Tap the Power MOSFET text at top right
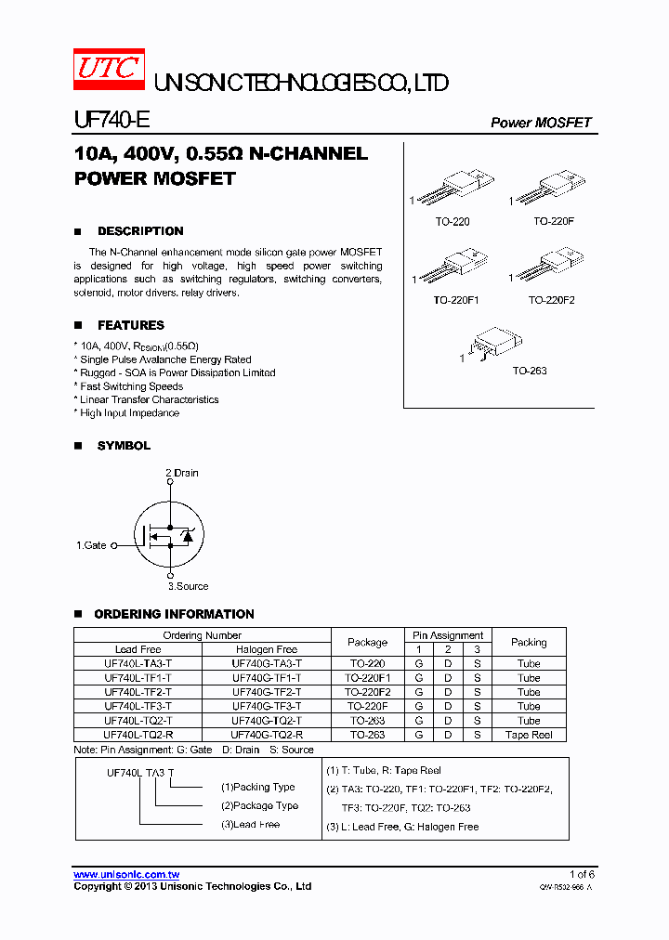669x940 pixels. tap(540, 123)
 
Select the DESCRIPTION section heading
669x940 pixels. tap(140, 231)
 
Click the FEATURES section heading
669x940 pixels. tap(131, 325)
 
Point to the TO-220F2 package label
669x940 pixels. tap(552, 301)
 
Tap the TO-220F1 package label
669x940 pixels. tap(456, 301)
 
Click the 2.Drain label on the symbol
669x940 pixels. tap(182, 473)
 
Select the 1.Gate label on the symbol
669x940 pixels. tap(91, 545)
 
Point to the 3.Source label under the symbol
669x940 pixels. tap(188, 586)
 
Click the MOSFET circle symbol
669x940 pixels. tap(168, 534)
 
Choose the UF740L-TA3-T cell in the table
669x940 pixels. tap(138, 664)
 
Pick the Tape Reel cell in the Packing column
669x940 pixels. tap(529, 735)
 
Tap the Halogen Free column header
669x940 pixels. tap(267, 649)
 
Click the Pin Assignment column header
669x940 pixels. tap(448, 635)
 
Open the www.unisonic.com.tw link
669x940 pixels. tap(126, 875)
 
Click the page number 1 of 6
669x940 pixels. tap(581, 875)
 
